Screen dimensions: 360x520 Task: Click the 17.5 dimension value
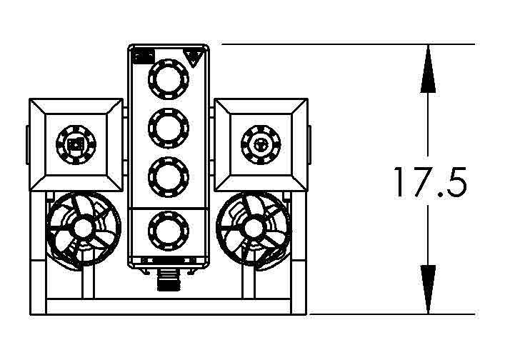coord(429,183)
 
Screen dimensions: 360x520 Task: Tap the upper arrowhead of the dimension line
coord(428,69)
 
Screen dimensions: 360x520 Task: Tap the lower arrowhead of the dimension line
coord(428,289)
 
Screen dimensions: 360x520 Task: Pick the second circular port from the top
coord(169,127)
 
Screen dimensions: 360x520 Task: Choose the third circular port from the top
coord(169,176)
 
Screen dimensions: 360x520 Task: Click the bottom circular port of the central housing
coord(169,230)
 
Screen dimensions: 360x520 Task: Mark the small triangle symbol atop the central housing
coord(192,55)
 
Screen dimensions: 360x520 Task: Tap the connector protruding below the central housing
coord(169,280)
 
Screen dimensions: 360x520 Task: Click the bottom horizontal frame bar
coord(169,307)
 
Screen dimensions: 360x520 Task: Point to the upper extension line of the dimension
coord(350,44)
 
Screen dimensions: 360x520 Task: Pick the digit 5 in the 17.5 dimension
coord(455,183)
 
